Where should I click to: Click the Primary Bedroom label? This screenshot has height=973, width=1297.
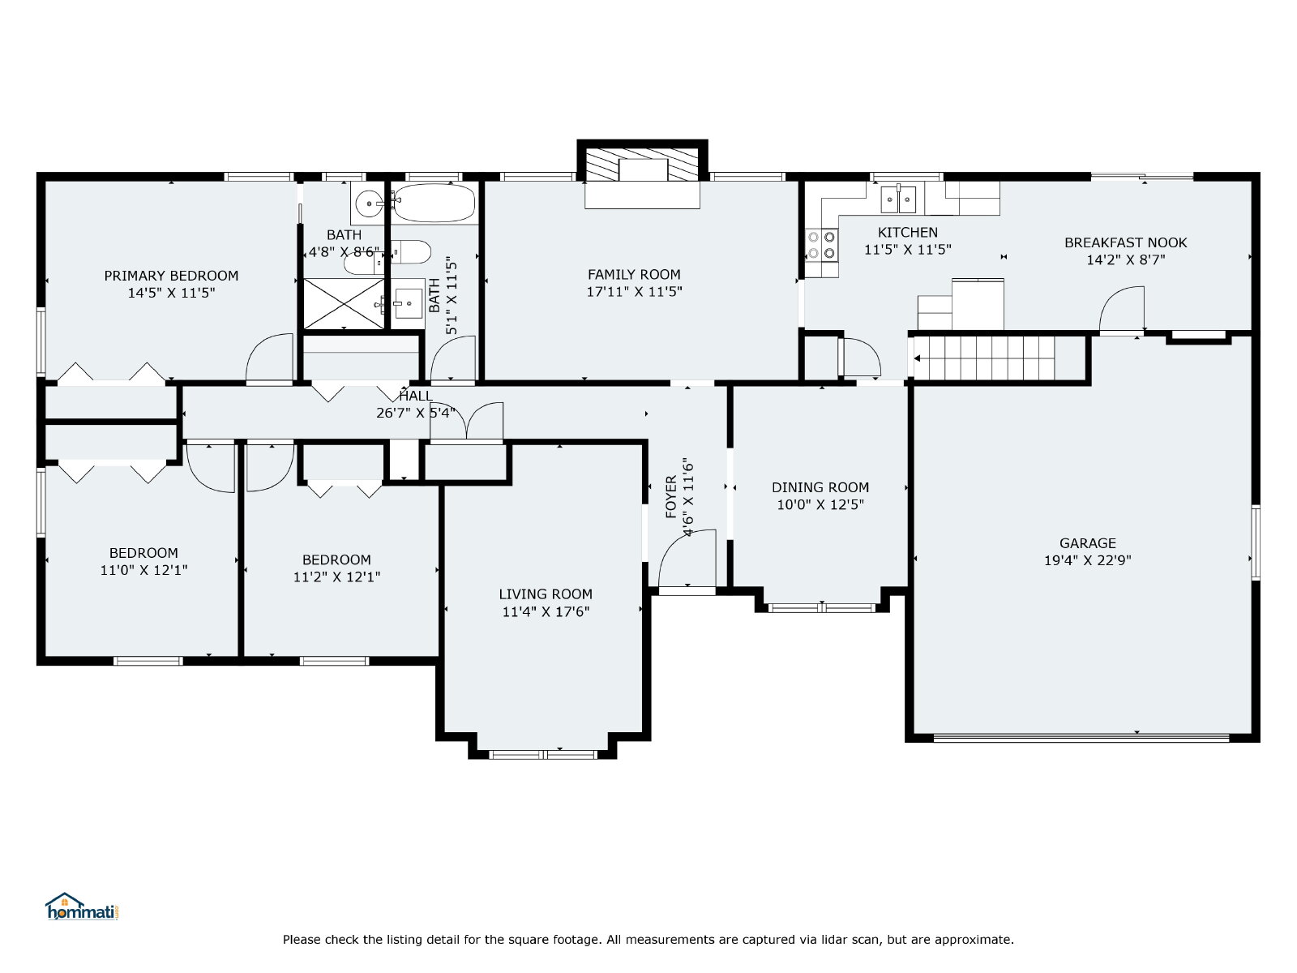tap(171, 276)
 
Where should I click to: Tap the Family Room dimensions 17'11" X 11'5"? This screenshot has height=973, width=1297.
tap(634, 292)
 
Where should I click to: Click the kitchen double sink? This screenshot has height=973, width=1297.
tap(898, 199)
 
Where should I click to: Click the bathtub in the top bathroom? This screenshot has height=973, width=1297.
tap(434, 203)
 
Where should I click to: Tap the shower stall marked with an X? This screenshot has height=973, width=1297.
tap(344, 303)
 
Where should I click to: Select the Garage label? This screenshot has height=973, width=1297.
tap(1087, 543)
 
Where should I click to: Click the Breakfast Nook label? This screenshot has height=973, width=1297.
tap(1126, 242)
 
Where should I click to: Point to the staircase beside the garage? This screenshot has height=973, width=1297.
tap(984, 358)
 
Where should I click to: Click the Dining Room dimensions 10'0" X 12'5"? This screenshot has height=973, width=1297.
tap(820, 504)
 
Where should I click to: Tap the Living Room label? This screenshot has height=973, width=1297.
tap(546, 594)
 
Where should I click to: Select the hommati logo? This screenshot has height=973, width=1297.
tap(82, 907)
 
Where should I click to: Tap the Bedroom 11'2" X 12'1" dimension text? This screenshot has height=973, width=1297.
tap(336, 577)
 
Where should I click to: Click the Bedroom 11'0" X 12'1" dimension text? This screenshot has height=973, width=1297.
tap(143, 570)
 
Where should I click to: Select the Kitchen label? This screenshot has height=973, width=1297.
tap(908, 232)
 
